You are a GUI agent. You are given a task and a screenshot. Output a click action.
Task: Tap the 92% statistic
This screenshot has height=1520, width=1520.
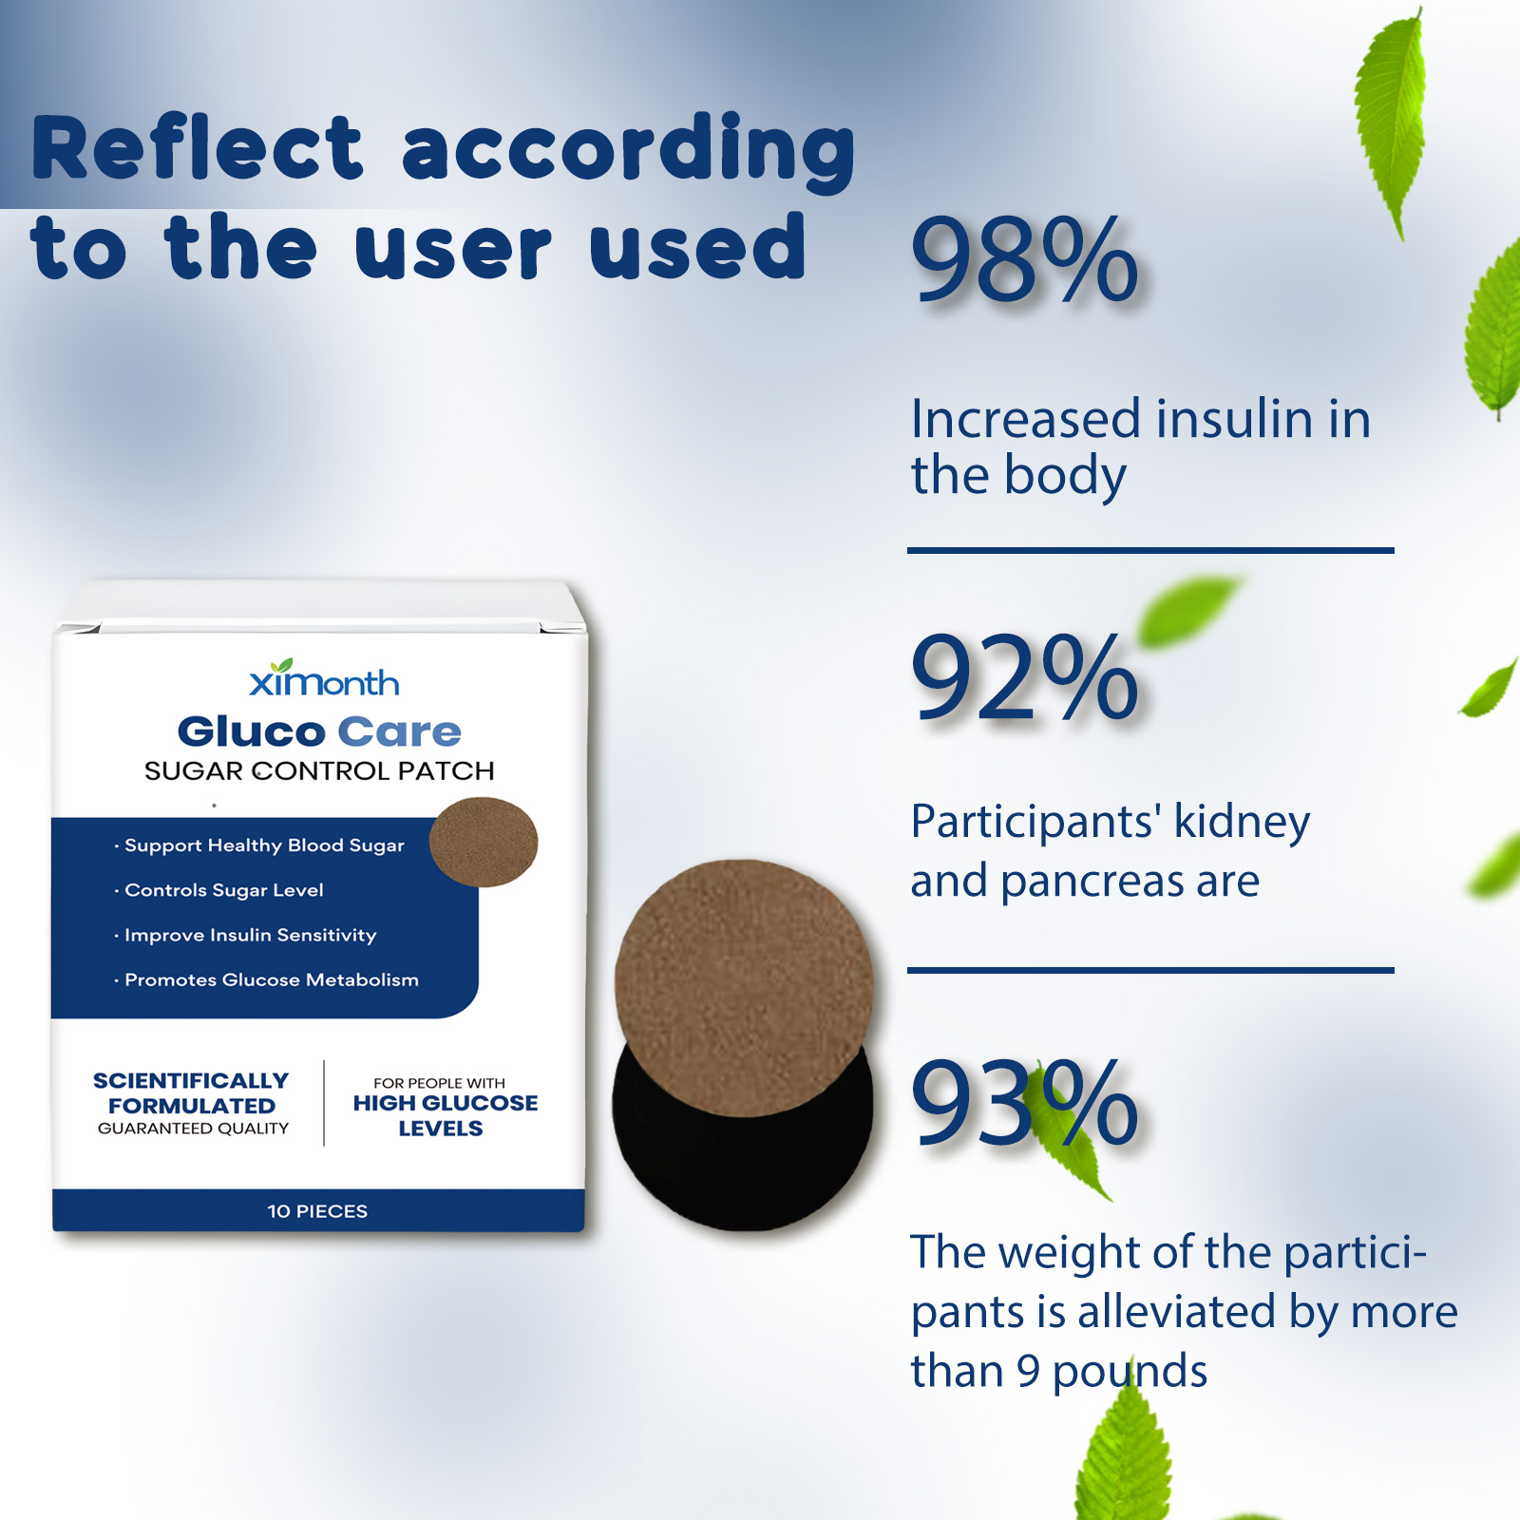pos(1024,676)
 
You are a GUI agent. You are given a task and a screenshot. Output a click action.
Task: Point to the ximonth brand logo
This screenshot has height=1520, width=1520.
pos(324,678)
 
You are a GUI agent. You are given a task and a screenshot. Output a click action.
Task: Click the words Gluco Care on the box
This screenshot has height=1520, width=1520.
pos(319,731)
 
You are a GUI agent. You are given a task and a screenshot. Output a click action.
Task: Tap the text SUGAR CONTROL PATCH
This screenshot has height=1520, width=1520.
pos(319,770)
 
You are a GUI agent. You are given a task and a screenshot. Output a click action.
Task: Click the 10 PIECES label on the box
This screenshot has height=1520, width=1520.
pos(317,1211)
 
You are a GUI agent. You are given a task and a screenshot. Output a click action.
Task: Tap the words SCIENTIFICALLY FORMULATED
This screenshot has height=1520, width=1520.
pos(191,1093)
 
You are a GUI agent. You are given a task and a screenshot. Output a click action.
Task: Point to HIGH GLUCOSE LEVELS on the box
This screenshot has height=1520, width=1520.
pos(445,1115)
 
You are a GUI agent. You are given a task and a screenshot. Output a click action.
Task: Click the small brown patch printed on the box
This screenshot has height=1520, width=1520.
pos(484,842)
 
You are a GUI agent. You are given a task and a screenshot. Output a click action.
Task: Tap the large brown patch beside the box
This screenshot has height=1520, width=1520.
pos(744,988)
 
